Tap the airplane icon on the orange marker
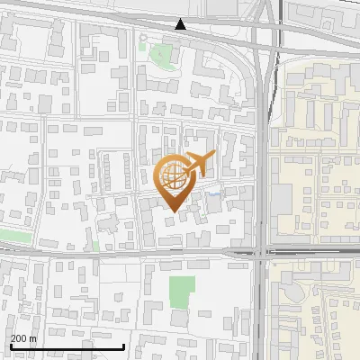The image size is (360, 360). click(x=195, y=165)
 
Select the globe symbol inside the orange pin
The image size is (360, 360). click(x=173, y=177)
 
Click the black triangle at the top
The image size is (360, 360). click(x=181, y=24)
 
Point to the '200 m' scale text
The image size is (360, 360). click(x=23, y=338)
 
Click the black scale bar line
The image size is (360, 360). click(x=67, y=346)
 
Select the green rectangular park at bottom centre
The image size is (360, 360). click(x=182, y=290)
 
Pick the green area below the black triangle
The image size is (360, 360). click(x=161, y=55)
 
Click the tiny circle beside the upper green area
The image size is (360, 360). click(x=142, y=38)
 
